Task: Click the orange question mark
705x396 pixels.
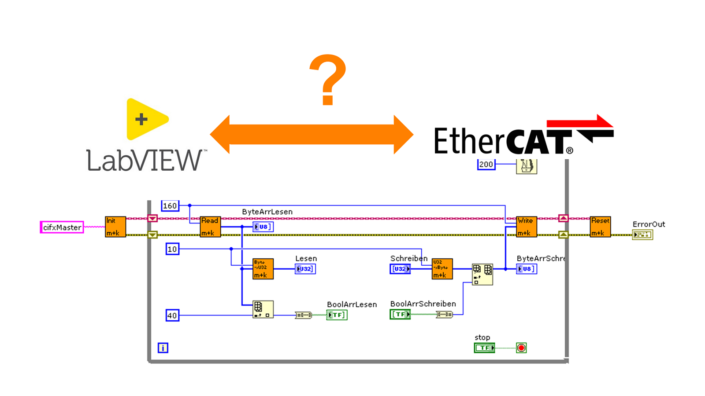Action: pos(328,79)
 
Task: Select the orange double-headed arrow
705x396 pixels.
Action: pos(312,135)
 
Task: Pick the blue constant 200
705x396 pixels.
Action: pos(486,165)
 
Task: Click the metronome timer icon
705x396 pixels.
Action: pos(527,165)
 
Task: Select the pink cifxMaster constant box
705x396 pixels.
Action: pos(62,227)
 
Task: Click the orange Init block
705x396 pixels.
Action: pos(115,227)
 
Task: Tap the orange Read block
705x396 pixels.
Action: pos(210,227)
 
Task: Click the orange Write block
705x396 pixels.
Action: pos(526,227)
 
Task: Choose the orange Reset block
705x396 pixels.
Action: pos(600,227)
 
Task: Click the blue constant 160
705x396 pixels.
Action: pos(170,205)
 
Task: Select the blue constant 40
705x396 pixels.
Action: pos(172,315)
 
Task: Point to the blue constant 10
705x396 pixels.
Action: pos(172,249)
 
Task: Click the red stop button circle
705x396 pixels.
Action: pos(521,348)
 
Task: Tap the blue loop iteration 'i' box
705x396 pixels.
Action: pos(163,348)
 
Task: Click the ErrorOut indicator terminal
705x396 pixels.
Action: pos(642,235)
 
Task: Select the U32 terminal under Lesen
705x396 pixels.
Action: pos(305,269)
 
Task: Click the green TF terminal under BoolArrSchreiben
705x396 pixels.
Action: pos(400,314)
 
